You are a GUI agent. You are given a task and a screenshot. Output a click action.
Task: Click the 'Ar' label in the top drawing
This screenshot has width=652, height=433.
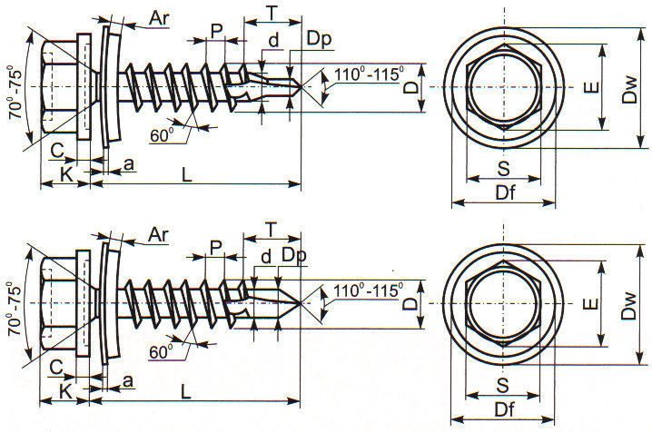159,18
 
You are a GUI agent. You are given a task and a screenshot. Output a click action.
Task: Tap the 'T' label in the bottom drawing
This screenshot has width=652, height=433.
271,230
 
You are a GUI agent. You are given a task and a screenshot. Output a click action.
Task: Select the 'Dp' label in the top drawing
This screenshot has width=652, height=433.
319,38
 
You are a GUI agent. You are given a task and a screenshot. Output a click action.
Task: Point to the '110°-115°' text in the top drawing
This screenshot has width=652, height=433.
369,74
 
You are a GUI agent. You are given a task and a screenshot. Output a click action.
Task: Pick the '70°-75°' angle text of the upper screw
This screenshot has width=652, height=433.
15,93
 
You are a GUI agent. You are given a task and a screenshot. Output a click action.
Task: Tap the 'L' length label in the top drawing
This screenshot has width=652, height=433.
187,174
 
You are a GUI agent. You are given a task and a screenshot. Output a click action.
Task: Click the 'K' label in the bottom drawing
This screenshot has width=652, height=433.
66,392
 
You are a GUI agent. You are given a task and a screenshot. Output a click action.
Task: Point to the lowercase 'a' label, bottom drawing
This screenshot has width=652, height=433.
128,381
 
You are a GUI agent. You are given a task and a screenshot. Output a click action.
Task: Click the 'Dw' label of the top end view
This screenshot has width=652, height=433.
629,89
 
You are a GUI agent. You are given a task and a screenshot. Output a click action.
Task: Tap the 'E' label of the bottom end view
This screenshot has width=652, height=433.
591,304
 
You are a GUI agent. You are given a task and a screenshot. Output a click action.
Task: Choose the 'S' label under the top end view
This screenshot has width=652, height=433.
503,169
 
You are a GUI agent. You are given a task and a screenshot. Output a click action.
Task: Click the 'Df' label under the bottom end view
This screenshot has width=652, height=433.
504,409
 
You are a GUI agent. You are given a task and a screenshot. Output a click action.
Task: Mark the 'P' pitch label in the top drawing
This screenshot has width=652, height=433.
216,31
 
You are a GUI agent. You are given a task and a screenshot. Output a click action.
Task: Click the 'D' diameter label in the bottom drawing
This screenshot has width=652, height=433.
410,304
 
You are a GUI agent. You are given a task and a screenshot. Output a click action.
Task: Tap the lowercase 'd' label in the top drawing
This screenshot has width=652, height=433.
273,41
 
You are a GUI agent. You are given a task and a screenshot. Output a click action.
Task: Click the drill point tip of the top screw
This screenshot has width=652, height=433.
301,87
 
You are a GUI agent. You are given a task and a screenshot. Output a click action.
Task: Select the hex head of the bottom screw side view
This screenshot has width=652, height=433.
59,303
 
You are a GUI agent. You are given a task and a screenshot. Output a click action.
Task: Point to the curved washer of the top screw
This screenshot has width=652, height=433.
114,87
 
